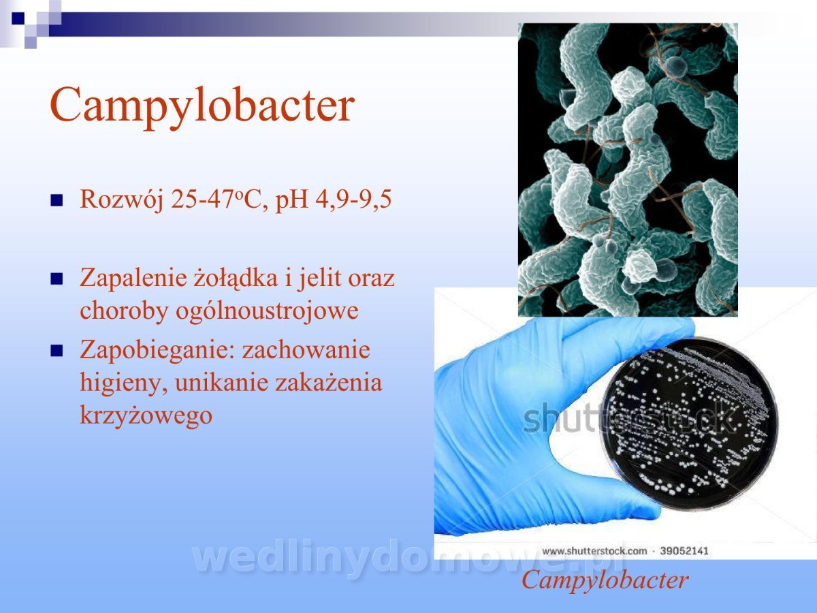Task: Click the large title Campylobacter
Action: click(x=202, y=106)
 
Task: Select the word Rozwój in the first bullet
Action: click(x=121, y=199)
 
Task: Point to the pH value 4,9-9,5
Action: click(x=353, y=199)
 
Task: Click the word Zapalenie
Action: click(x=133, y=279)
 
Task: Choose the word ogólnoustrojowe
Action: click(x=267, y=311)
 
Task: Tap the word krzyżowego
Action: click(x=146, y=415)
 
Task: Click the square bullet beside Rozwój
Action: click(x=57, y=200)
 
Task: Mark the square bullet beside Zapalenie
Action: click(x=57, y=279)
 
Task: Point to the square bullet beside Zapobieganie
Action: click(x=57, y=351)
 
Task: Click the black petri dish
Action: click(x=688, y=424)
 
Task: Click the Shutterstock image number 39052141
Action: click(x=684, y=551)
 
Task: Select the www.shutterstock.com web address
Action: click(x=594, y=551)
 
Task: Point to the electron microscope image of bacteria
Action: click(x=628, y=170)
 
